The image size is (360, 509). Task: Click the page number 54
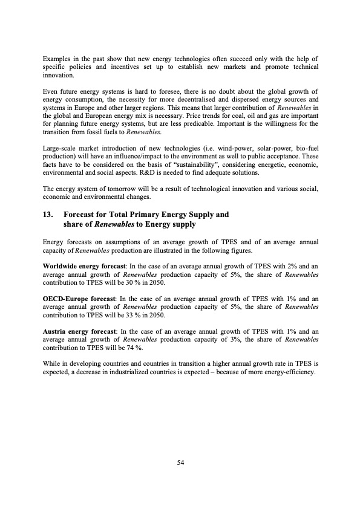point(180,462)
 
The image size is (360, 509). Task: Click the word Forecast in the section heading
point(81,214)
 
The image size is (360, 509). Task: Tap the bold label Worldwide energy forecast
point(82,266)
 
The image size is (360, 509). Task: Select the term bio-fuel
point(306,148)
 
